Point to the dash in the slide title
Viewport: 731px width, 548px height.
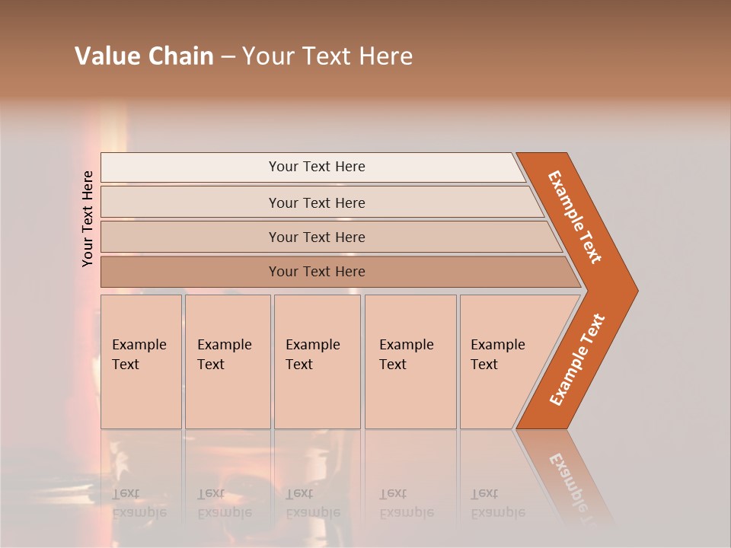[x=228, y=57]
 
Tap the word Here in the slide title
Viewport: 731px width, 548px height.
[x=385, y=56]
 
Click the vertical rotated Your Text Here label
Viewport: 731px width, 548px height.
[x=88, y=218]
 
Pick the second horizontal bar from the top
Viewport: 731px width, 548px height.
[x=316, y=202]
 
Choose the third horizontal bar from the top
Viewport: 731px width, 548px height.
[x=316, y=237]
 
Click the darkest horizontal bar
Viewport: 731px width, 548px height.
[x=316, y=272]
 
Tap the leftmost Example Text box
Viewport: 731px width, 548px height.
[x=141, y=362]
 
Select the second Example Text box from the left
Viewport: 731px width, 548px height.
[x=228, y=362]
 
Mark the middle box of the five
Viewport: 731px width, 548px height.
[x=317, y=362]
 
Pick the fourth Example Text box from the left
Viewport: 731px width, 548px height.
[x=410, y=362]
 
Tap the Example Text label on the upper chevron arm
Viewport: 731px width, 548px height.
[x=575, y=217]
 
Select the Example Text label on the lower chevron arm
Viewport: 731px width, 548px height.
[x=577, y=359]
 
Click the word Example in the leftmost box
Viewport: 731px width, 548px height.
[x=139, y=345]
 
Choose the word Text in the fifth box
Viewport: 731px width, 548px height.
[x=484, y=365]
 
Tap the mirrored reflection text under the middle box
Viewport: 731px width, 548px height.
[x=313, y=503]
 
